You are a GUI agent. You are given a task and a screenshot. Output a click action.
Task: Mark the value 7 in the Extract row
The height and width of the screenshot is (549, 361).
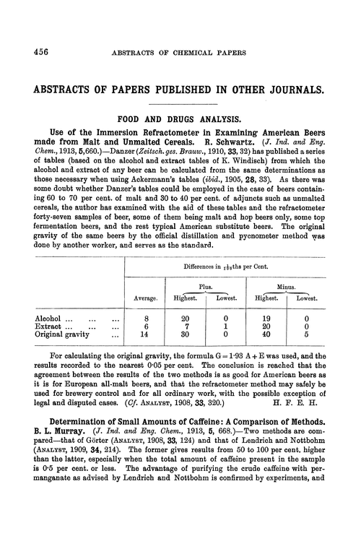tap(186, 326)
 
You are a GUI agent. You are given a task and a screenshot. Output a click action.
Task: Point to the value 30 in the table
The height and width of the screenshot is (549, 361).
tap(186, 335)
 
